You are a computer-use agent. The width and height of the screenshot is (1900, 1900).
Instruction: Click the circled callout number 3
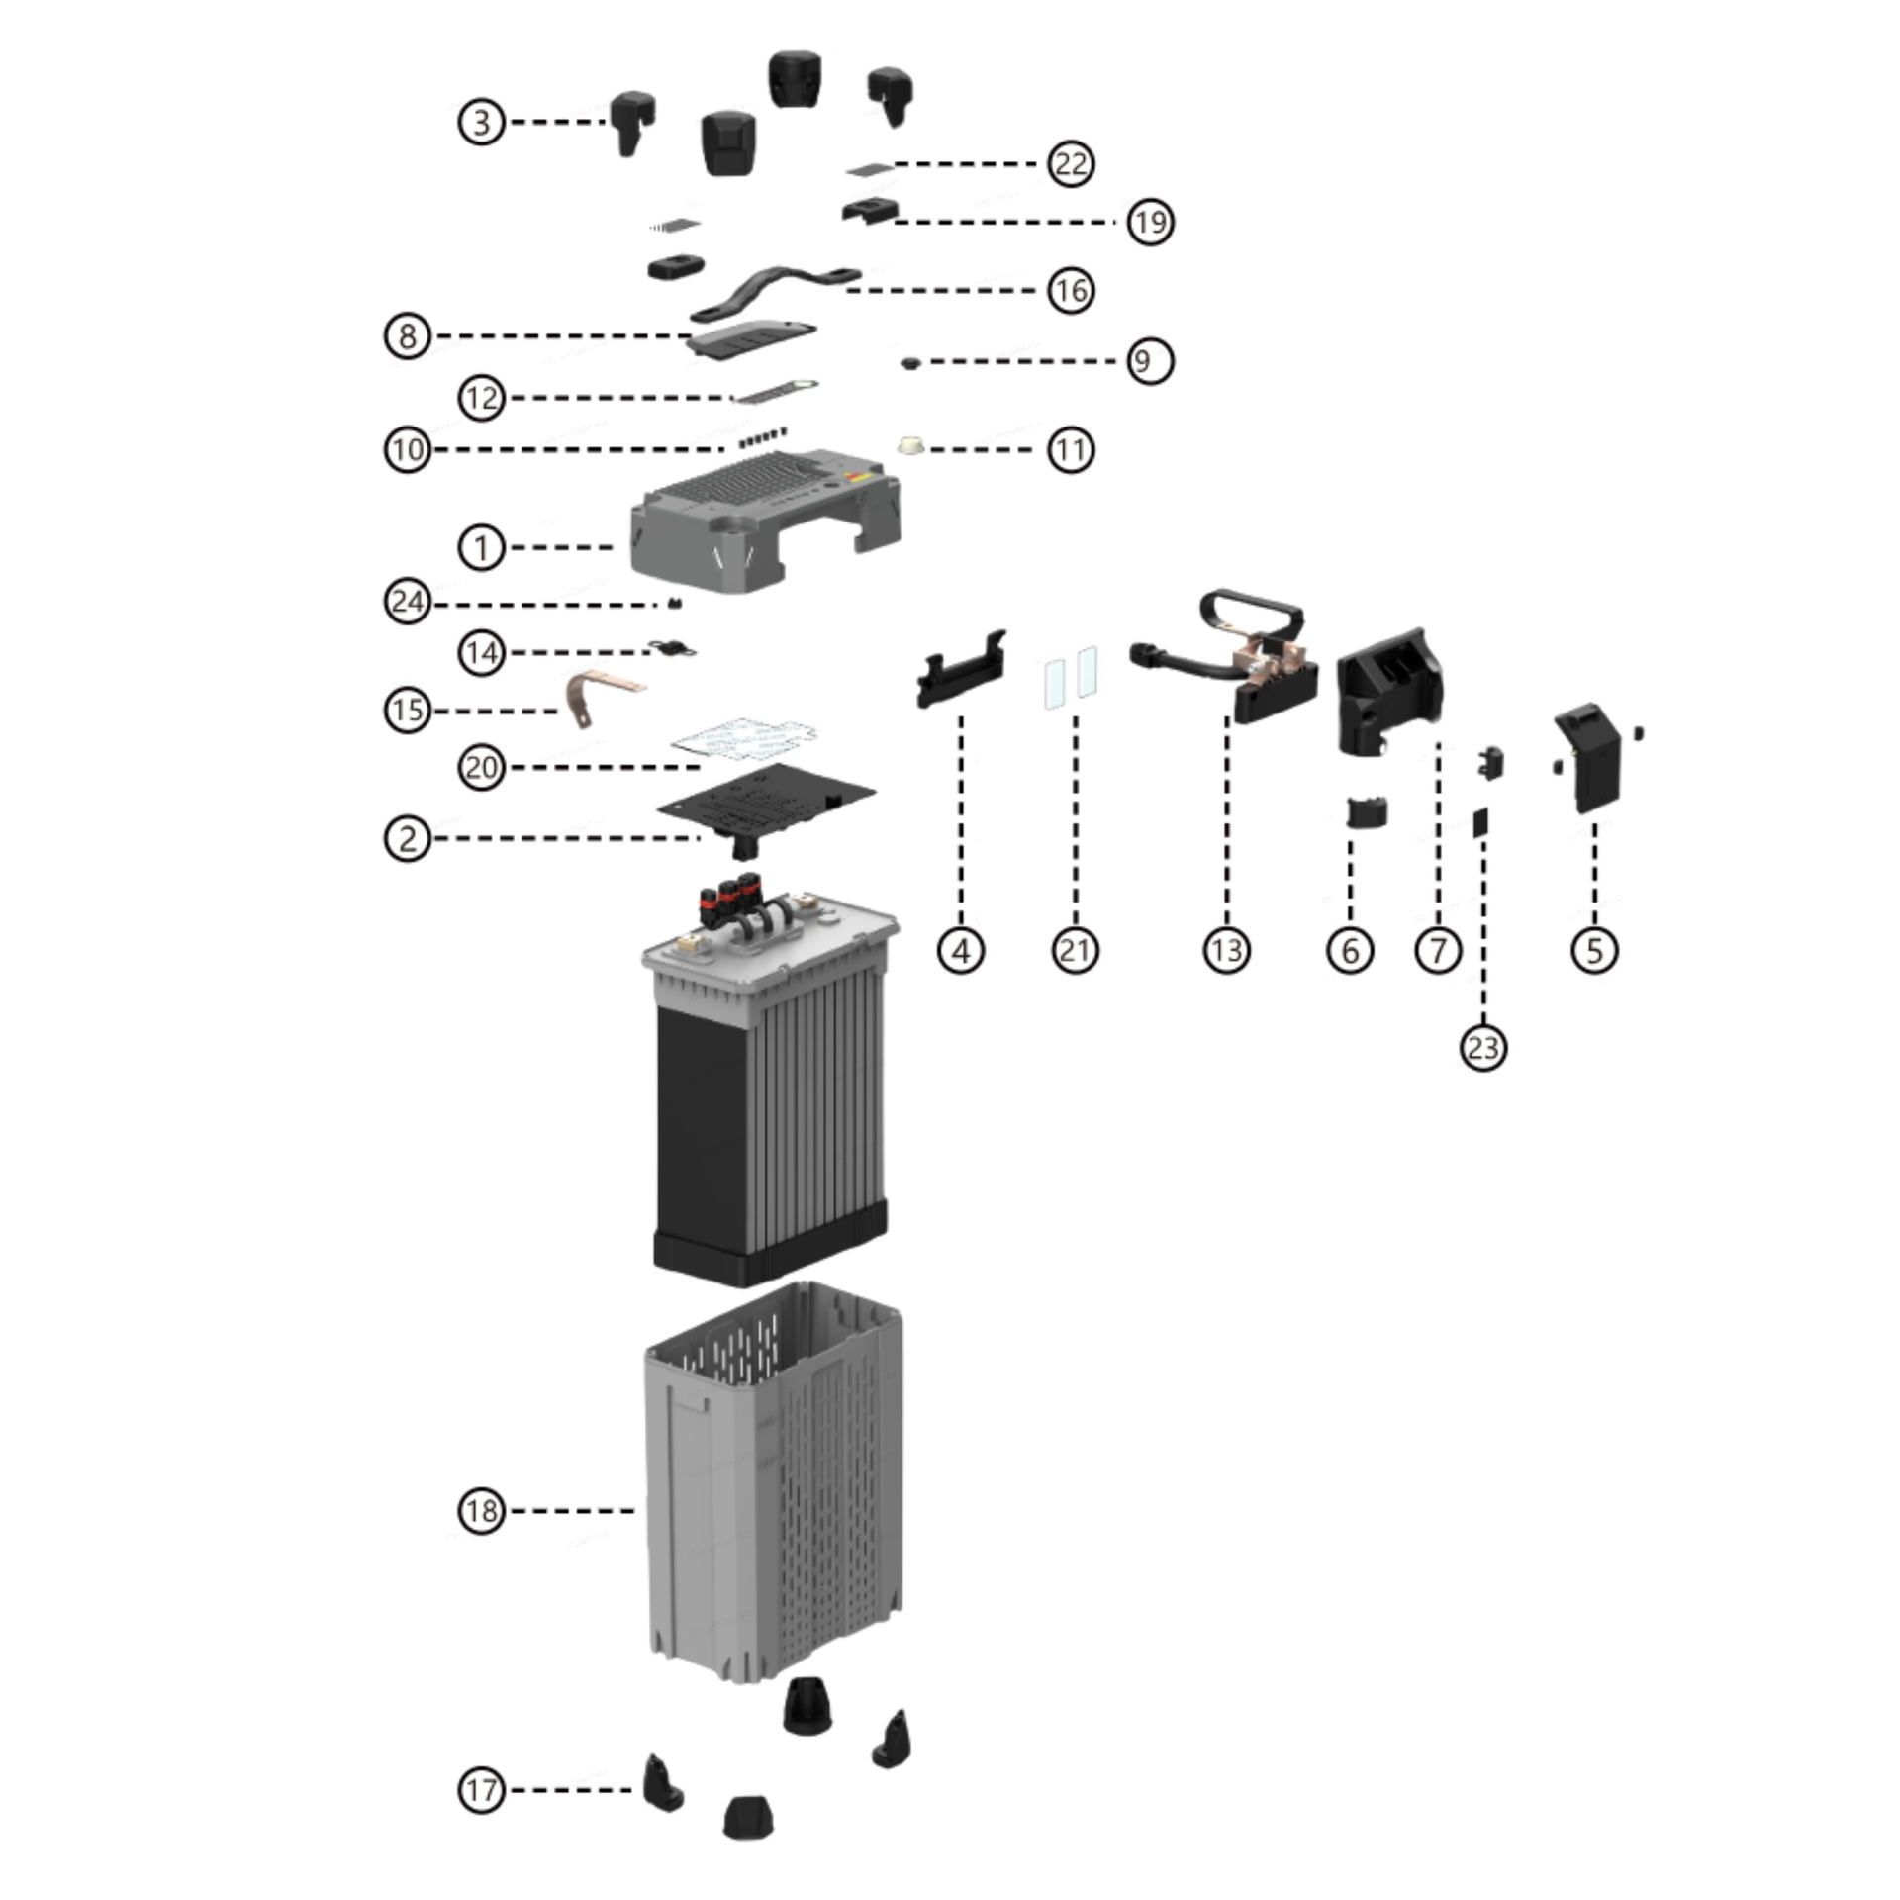point(481,123)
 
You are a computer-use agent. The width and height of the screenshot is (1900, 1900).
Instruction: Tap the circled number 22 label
point(1070,164)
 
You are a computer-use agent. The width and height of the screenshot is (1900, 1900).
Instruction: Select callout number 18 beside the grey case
point(481,1511)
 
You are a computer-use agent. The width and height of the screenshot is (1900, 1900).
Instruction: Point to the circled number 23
point(1482,1047)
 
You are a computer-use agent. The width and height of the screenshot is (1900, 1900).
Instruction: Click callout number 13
point(1226,950)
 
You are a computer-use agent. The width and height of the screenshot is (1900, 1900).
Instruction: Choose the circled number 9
point(1149,361)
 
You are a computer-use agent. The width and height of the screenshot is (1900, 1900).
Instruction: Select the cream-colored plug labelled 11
point(910,447)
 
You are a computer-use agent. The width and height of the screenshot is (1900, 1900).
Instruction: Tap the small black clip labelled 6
point(1367,812)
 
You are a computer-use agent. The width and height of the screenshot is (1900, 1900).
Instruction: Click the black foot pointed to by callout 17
point(661,1786)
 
